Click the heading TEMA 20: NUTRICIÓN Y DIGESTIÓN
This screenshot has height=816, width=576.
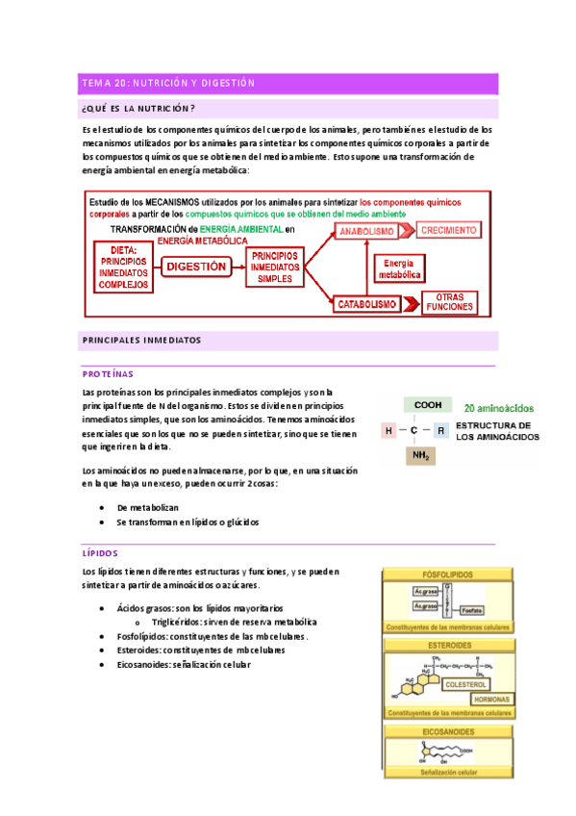pos(168,84)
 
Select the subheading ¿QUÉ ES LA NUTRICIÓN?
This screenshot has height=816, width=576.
pos(139,108)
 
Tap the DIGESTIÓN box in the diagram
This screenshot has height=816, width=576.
pos(196,267)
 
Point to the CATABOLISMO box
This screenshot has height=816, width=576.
pos(367,303)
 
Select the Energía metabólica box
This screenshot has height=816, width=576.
pos(399,268)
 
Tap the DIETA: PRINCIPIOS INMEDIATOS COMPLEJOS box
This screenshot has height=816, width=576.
pos(123,267)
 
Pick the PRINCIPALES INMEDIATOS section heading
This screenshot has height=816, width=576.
pos(141,341)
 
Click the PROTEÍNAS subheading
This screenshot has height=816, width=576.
pos(108,372)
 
